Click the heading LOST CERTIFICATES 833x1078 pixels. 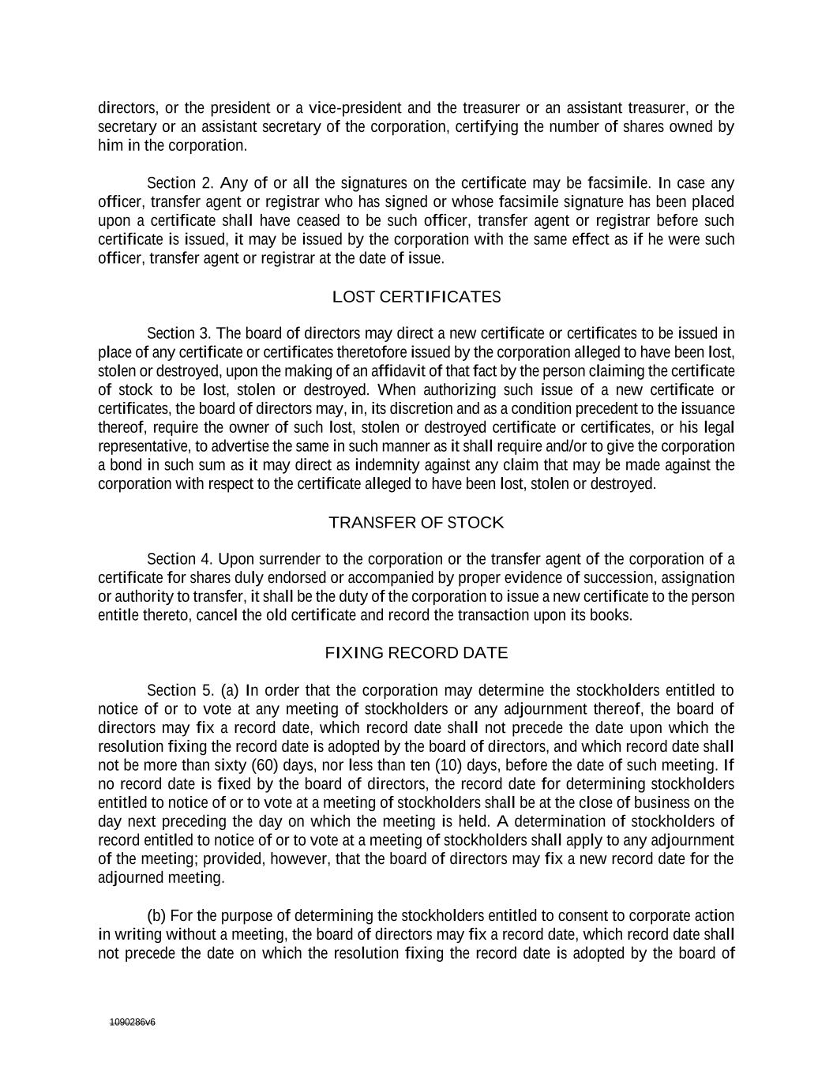point(416,297)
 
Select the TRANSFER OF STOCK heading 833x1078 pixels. point(416,523)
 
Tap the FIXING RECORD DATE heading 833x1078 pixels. point(416,653)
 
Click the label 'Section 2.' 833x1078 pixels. point(180,183)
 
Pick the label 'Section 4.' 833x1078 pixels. point(179,559)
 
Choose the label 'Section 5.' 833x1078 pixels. point(180,690)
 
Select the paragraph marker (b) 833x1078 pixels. point(156,916)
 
